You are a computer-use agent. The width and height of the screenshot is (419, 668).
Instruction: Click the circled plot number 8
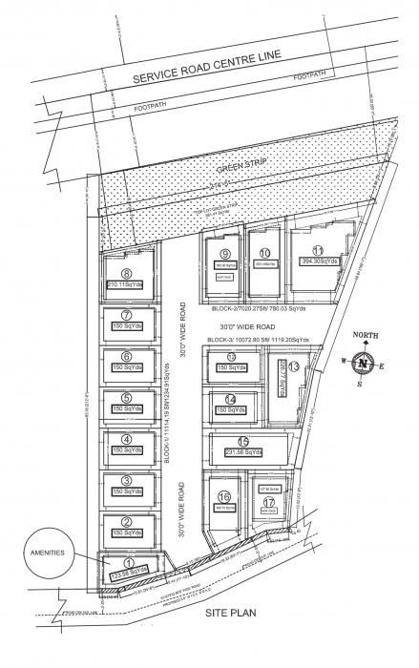click(x=125, y=273)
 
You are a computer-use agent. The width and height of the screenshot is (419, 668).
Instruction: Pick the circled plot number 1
click(x=127, y=563)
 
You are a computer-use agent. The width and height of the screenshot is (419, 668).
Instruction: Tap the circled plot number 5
click(x=126, y=398)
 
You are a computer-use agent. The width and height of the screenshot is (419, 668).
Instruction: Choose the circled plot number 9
click(x=224, y=253)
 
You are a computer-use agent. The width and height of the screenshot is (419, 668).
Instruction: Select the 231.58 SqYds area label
click(x=242, y=451)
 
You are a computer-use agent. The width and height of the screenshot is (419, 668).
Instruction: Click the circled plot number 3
click(x=126, y=480)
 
